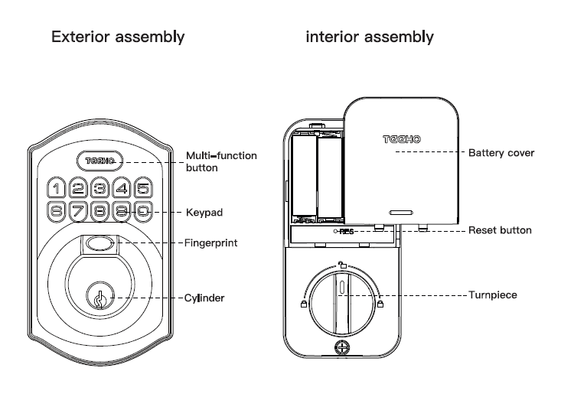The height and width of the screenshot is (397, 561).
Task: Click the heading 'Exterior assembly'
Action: coord(118,37)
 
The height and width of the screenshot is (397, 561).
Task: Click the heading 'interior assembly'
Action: coord(370,37)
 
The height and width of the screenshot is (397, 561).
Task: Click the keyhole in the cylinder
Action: coord(99,298)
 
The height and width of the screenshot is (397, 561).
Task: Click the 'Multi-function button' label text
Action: coord(221,161)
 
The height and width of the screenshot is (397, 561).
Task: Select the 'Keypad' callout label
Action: coord(204,212)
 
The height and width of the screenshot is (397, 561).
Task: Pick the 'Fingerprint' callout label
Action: coord(212,243)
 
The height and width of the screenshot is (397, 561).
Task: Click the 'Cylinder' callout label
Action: coord(206,298)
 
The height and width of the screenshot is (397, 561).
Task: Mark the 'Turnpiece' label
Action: coord(494,294)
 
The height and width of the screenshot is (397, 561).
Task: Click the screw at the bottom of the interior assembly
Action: coord(341,347)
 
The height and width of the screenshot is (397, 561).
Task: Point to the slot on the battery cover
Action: coord(400,212)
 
